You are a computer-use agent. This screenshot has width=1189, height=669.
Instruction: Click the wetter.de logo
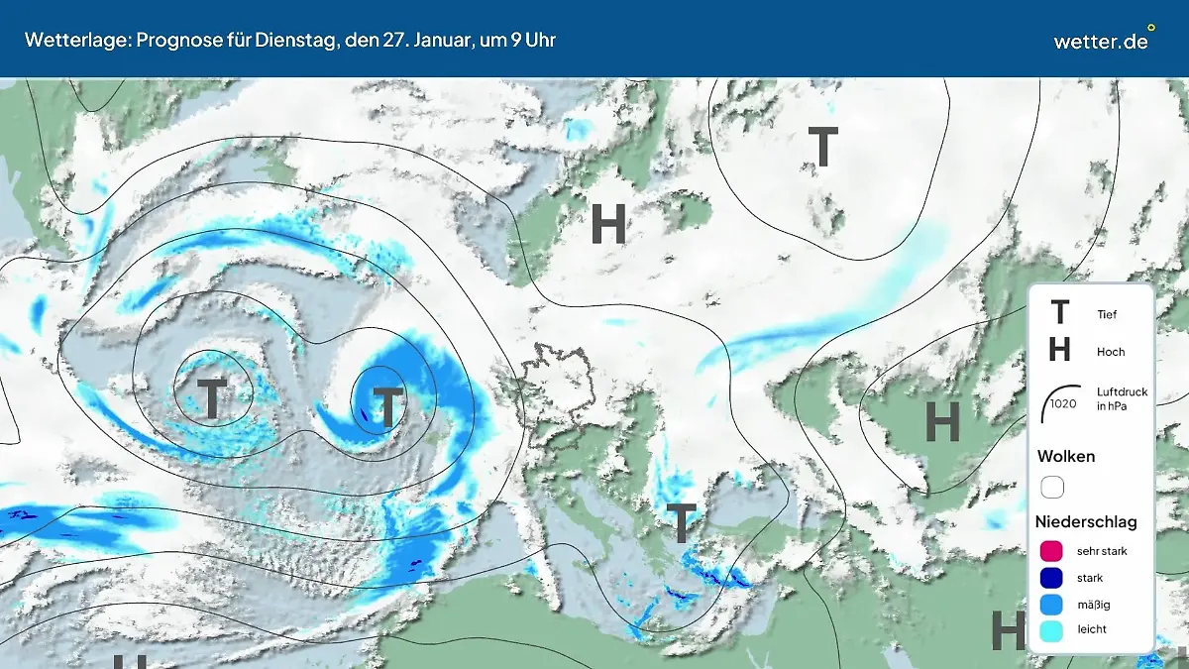click(1101, 41)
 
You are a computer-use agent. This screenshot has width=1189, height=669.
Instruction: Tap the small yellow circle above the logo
click(1150, 27)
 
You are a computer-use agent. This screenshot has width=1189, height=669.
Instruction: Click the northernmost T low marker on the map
click(822, 147)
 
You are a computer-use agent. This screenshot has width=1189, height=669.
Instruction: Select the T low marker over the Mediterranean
click(682, 523)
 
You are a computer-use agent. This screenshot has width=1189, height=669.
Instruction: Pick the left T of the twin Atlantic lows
click(212, 398)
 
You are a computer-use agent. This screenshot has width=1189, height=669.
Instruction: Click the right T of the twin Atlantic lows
click(387, 406)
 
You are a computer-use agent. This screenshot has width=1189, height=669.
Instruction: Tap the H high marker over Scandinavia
click(608, 224)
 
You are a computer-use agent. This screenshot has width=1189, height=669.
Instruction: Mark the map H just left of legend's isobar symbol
click(942, 422)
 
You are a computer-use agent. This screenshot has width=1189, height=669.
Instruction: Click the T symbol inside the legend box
click(1059, 313)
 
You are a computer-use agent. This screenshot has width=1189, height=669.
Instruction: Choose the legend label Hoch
click(1111, 352)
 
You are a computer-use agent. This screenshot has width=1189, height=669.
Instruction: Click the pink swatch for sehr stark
click(1052, 551)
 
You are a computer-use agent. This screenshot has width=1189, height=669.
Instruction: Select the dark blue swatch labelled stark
click(1052, 578)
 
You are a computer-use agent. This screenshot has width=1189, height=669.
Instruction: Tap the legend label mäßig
click(1093, 604)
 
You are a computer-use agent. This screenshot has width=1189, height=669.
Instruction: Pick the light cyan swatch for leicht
click(1052, 629)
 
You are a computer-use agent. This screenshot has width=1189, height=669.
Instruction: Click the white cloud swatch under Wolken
click(1052, 488)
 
